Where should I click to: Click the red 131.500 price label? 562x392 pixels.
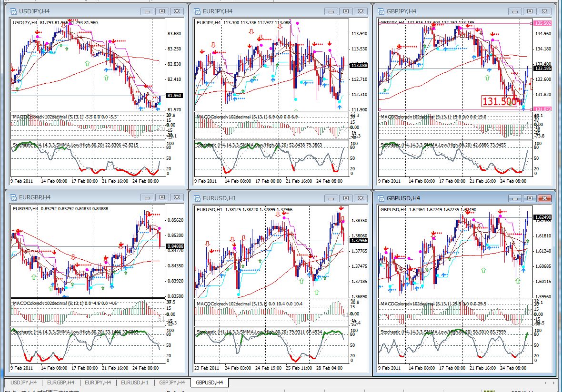(x=500, y=101)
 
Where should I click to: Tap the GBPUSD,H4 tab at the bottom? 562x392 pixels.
(x=209, y=382)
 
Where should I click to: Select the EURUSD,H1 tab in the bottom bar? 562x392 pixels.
(x=134, y=382)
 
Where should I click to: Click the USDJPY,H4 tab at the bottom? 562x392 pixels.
(x=23, y=382)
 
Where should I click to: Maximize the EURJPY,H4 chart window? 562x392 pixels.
(x=346, y=11)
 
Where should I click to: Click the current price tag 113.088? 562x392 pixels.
(x=359, y=65)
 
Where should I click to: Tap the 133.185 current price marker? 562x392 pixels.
(x=543, y=69)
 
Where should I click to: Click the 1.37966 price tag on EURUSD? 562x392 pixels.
(x=359, y=241)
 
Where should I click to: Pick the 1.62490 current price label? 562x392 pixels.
(x=543, y=217)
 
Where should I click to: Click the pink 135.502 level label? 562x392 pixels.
(x=542, y=23)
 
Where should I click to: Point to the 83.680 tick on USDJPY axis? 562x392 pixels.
(x=174, y=33)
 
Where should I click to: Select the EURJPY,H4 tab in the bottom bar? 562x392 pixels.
(x=97, y=382)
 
